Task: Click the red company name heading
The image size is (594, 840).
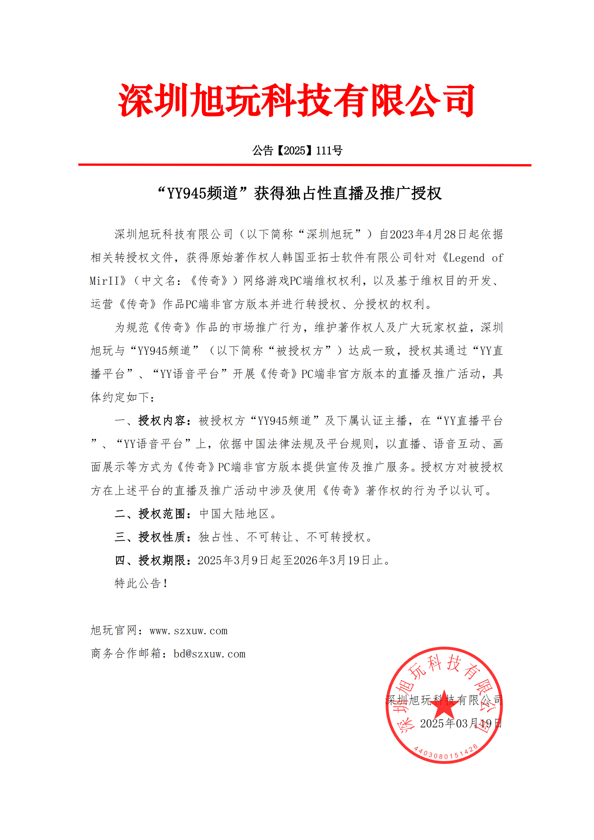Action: tap(296, 100)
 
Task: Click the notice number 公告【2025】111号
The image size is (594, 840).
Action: tap(297, 150)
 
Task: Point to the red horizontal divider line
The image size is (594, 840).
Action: tap(304, 165)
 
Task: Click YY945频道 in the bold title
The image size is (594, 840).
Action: tap(202, 193)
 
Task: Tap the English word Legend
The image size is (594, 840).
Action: tap(466, 258)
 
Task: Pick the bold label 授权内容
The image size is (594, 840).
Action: tap(162, 421)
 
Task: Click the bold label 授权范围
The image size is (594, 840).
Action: tap(162, 514)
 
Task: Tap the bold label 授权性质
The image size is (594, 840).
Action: tap(162, 537)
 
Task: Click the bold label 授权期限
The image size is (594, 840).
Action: tap(162, 560)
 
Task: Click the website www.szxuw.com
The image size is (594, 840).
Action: tap(189, 631)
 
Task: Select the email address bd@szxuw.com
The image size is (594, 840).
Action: tap(209, 654)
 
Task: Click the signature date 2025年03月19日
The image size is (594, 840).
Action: tap(460, 723)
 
